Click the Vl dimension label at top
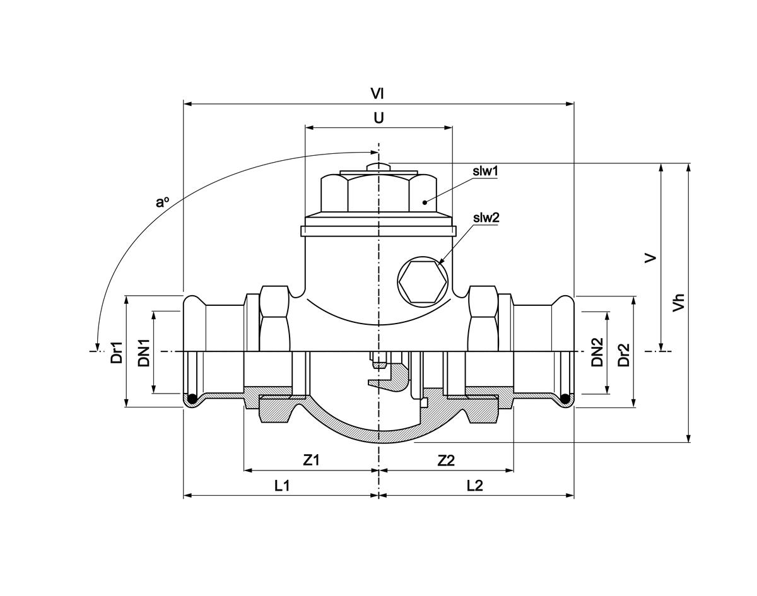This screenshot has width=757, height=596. click(x=377, y=93)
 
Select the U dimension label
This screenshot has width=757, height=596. click(x=378, y=118)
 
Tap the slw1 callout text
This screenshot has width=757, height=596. click(x=486, y=171)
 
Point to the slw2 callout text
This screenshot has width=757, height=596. click(x=486, y=218)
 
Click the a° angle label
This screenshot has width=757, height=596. click(x=163, y=202)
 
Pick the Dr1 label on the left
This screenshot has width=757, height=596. click(x=117, y=353)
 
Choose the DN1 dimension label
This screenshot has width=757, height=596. click(x=144, y=353)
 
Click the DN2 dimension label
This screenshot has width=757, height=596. click(x=597, y=352)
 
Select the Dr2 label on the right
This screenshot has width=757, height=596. click(x=624, y=354)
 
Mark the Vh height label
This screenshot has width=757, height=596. click(x=679, y=301)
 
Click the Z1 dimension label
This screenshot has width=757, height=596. click(x=312, y=460)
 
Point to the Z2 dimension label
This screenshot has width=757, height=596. click(x=446, y=460)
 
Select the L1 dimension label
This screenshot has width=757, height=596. click(x=281, y=486)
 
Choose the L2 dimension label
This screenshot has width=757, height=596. click(x=475, y=486)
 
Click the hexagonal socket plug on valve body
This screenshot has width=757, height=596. click(x=421, y=282)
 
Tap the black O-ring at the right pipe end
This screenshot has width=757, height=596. click(x=566, y=399)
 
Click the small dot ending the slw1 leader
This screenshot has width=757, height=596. click(x=425, y=202)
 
